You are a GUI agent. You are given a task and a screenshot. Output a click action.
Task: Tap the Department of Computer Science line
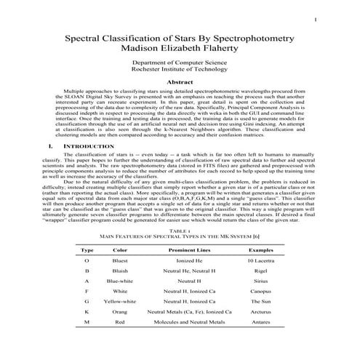[180, 64]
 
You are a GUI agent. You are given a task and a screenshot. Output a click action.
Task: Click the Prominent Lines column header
[189, 249]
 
